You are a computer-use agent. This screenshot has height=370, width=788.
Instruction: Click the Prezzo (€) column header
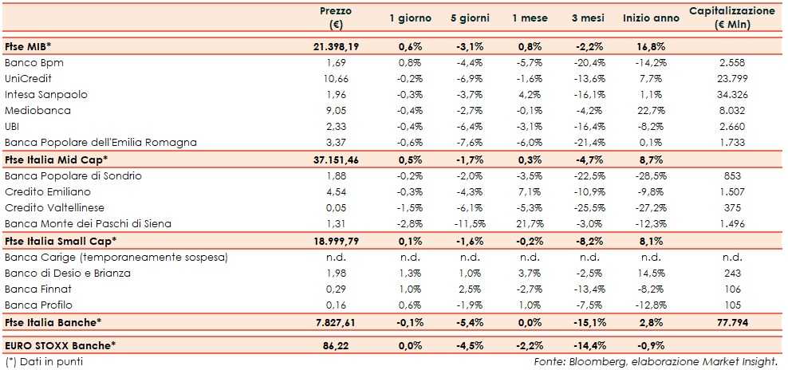pos(335,18)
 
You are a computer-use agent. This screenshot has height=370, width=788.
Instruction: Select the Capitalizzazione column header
pos(731,18)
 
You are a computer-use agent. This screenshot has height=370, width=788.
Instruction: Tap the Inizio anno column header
pos(651,18)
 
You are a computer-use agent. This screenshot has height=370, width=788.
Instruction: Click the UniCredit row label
pos(28,78)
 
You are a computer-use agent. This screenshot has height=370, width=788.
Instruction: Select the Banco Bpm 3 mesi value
pos(589,62)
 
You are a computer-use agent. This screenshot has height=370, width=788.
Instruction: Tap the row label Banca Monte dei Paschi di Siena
pos(88,223)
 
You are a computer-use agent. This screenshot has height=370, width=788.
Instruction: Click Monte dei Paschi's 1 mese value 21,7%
pos(530,223)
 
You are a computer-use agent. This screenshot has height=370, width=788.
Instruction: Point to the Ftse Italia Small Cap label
pos(61,240)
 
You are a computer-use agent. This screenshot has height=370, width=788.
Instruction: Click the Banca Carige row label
pos(116,257)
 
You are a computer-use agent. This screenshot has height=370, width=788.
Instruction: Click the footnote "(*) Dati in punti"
pos(44,361)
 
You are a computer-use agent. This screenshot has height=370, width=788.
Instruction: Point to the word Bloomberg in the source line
pos(605,361)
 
